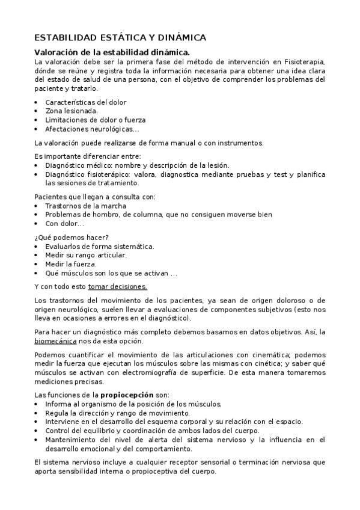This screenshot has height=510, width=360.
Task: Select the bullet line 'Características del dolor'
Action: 85,102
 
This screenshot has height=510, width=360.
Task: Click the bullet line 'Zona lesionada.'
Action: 72,111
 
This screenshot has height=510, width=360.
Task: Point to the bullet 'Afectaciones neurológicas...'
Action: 92,129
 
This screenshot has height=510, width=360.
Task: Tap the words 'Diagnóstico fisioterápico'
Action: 86,174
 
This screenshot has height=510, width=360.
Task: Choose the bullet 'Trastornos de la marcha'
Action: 85,206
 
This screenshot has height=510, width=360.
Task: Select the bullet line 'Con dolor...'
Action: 64,223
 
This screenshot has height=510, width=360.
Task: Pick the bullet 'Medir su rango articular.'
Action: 86,255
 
